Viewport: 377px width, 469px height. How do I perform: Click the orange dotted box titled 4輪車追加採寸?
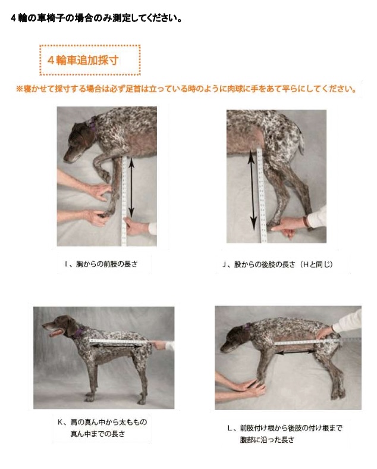(90, 60)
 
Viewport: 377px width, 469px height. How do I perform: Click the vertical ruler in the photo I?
(124, 202)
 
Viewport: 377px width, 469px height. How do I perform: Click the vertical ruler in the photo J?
(261, 196)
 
